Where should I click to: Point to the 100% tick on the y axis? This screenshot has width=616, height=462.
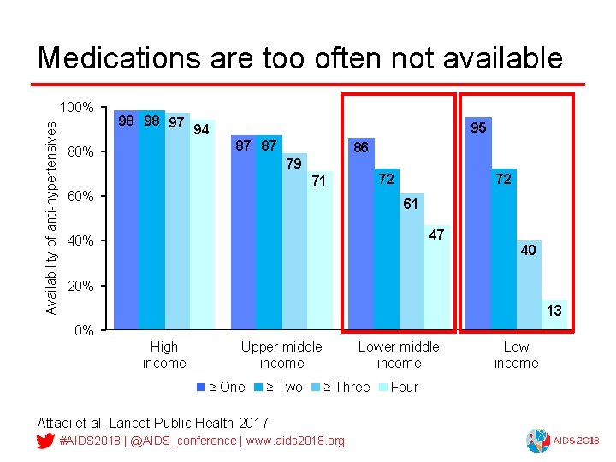coord(76,108)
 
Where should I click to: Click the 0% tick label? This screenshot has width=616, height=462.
coord(82,330)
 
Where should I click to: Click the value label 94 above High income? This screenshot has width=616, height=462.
coord(202,130)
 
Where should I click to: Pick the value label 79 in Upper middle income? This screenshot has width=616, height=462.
coord(294,163)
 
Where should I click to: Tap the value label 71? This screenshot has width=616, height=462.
coord(319,181)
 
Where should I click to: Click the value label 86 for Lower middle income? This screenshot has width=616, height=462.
coord(361,148)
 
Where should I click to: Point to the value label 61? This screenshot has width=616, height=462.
coord(411,204)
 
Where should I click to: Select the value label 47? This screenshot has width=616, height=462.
coord(436,234)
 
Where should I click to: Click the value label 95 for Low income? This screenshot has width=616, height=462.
coord(478,127)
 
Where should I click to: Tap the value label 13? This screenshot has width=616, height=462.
coord(554,311)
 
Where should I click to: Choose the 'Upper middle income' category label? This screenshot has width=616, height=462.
coord(281,355)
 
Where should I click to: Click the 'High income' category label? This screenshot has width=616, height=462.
coord(164,355)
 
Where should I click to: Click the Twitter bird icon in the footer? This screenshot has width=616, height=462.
coord(46,441)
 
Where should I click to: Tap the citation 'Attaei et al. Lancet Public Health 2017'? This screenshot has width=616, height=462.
coord(153,423)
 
